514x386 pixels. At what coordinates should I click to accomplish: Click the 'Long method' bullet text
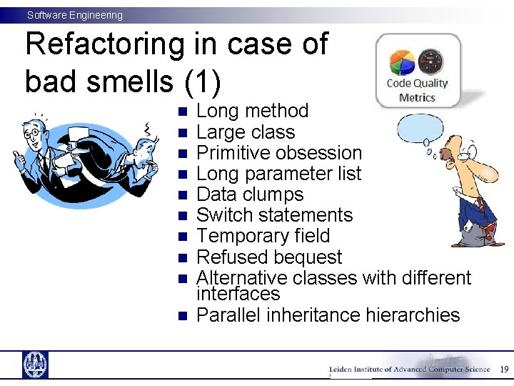tap(252, 111)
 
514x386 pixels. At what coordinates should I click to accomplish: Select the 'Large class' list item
tap(245, 132)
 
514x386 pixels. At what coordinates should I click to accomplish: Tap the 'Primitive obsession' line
tap(279, 153)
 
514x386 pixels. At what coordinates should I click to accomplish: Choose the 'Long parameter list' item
tap(278, 174)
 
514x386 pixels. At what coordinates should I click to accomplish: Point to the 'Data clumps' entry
tap(249, 194)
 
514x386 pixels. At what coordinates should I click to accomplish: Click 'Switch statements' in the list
tap(274, 215)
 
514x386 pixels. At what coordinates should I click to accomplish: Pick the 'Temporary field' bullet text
tap(263, 236)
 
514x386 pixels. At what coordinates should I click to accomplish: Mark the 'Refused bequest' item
tap(268, 257)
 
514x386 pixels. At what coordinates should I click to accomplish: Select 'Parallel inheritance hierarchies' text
tap(328, 315)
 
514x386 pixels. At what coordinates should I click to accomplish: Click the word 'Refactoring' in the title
tap(104, 44)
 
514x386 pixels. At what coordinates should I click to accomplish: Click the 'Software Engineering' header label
tap(75, 15)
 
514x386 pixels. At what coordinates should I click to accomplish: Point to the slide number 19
tap(504, 370)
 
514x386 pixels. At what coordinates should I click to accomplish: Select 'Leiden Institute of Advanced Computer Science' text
tap(409, 370)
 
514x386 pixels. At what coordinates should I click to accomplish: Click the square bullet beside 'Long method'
tap(182, 112)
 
